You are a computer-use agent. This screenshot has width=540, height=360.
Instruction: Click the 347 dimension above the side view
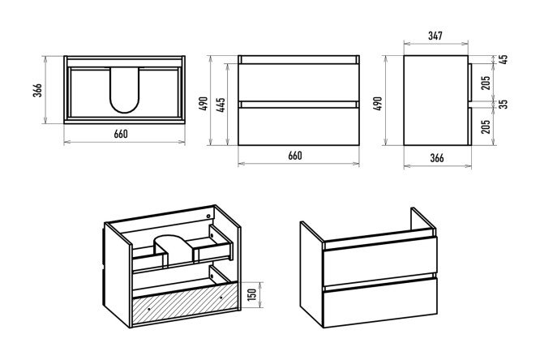click(435, 36)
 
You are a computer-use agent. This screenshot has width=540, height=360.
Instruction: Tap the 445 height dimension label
click(221, 105)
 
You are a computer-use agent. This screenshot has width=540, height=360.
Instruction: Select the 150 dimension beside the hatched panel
click(252, 294)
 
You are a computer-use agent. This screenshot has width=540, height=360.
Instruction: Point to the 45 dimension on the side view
click(504, 59)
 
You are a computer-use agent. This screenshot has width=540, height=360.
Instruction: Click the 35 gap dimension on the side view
click(504, 104)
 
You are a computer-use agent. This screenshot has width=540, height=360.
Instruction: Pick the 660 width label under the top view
click(121, 134)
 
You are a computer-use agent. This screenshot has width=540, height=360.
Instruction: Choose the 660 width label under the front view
click(295, 156)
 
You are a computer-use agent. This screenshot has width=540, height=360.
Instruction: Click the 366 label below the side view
click(437, 158)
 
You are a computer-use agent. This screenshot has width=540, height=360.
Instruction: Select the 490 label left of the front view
click(204, 103)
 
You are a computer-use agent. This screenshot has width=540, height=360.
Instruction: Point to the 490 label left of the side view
click(378, 103)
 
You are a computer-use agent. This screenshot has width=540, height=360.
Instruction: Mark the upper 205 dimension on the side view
click(486, 83)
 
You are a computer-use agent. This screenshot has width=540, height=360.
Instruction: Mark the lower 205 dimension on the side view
click(486, 126)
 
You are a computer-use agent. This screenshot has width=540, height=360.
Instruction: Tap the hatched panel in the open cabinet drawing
click(185, 303)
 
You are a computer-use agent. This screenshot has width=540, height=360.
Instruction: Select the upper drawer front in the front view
click(298, 83)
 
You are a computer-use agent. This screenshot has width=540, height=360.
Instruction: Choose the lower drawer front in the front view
click(298, 126)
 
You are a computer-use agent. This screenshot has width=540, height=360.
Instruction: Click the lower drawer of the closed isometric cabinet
click(380, 302)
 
